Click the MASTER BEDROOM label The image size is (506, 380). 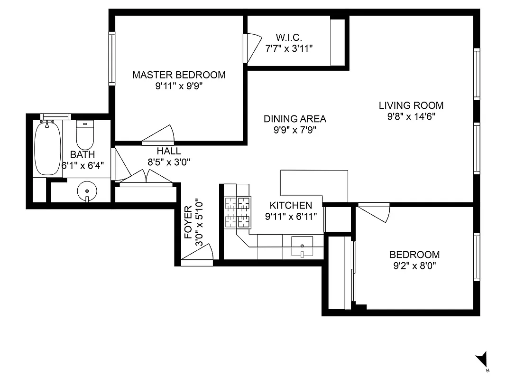point(179,75)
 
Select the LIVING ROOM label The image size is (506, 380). point(411,105)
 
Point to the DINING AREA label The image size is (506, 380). point(294,119)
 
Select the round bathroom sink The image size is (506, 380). point(87,191)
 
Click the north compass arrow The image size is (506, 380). point(482,359)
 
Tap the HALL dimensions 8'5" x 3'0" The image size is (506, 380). point(169,161)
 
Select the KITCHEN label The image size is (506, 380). point(291,206)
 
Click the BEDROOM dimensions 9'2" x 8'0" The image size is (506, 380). point(414,266)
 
